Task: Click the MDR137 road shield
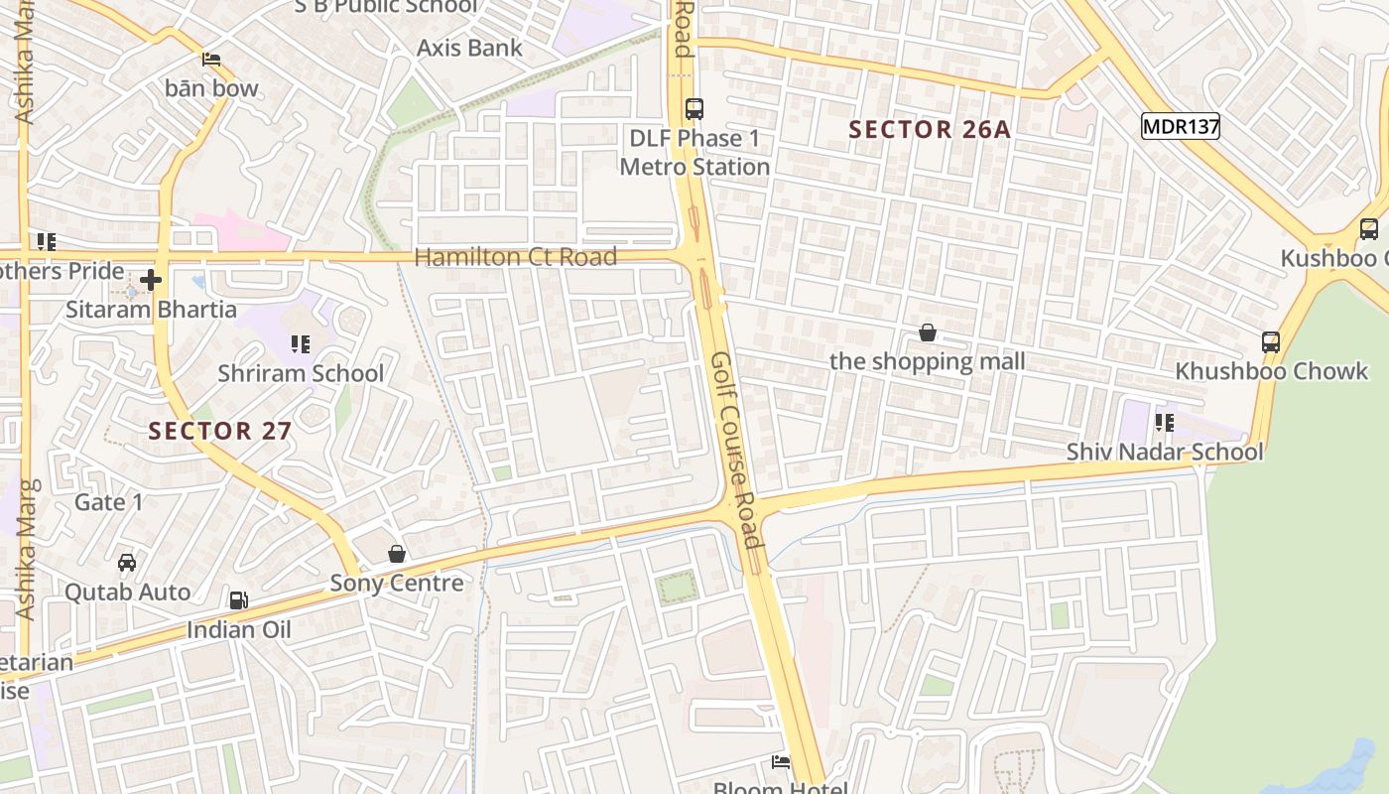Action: point(1180,126)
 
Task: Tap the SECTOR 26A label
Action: point(930,129)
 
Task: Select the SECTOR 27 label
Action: point(220,430)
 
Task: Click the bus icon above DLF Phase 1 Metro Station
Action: point(694,109)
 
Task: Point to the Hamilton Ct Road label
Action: point(515,257)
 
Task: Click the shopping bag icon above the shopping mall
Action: point(927,332)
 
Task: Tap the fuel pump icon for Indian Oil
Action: point(238,600)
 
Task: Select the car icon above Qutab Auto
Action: point(127,563)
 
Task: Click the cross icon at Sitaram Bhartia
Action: point(151,281)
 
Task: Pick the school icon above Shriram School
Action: point(300,344)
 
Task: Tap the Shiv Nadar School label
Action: point(1164,453)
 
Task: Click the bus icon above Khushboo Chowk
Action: point(1270,342)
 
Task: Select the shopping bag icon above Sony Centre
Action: point(397,554)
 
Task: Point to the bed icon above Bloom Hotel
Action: point(781,762)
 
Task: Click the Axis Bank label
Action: point(468,48)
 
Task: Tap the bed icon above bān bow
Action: point(211,60)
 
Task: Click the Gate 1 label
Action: point(109,502)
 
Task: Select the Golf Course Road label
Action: point(735,450)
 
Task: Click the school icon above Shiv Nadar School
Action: point(1164,424)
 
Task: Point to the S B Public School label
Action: point(385,6)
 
